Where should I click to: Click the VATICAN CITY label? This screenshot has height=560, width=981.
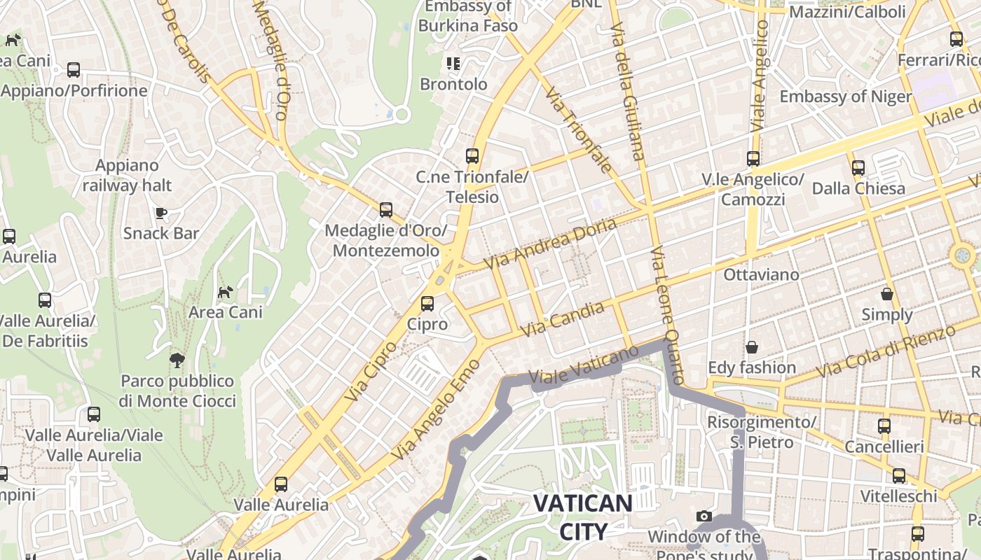tap(583, 517)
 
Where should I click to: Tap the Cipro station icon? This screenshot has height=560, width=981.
tap(427, 304)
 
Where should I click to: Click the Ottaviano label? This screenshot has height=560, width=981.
tap(761, 274)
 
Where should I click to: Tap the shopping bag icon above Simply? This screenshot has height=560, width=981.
tap(887, 294)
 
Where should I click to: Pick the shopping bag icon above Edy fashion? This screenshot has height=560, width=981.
tap(752, 347)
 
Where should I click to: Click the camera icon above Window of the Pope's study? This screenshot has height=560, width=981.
tap(704, 517)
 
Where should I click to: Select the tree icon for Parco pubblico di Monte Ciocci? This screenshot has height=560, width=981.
tap(177, 360)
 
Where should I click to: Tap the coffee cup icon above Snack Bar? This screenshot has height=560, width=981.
tap(161, 213)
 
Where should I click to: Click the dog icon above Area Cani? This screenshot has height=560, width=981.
tap(225, 292)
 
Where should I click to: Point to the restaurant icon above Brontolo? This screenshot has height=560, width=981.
tap(453, 64)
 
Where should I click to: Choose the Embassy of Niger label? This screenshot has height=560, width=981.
tap(845, 97)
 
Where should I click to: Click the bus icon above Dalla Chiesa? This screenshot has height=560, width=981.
tap(858, 168)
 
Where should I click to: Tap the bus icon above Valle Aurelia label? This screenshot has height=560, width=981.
tap(281, 484)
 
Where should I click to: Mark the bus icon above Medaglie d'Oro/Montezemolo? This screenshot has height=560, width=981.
tap(385, 210)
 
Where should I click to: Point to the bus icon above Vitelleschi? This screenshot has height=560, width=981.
tap(898, 476)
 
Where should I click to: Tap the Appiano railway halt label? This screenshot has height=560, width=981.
tap(127, 176)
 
